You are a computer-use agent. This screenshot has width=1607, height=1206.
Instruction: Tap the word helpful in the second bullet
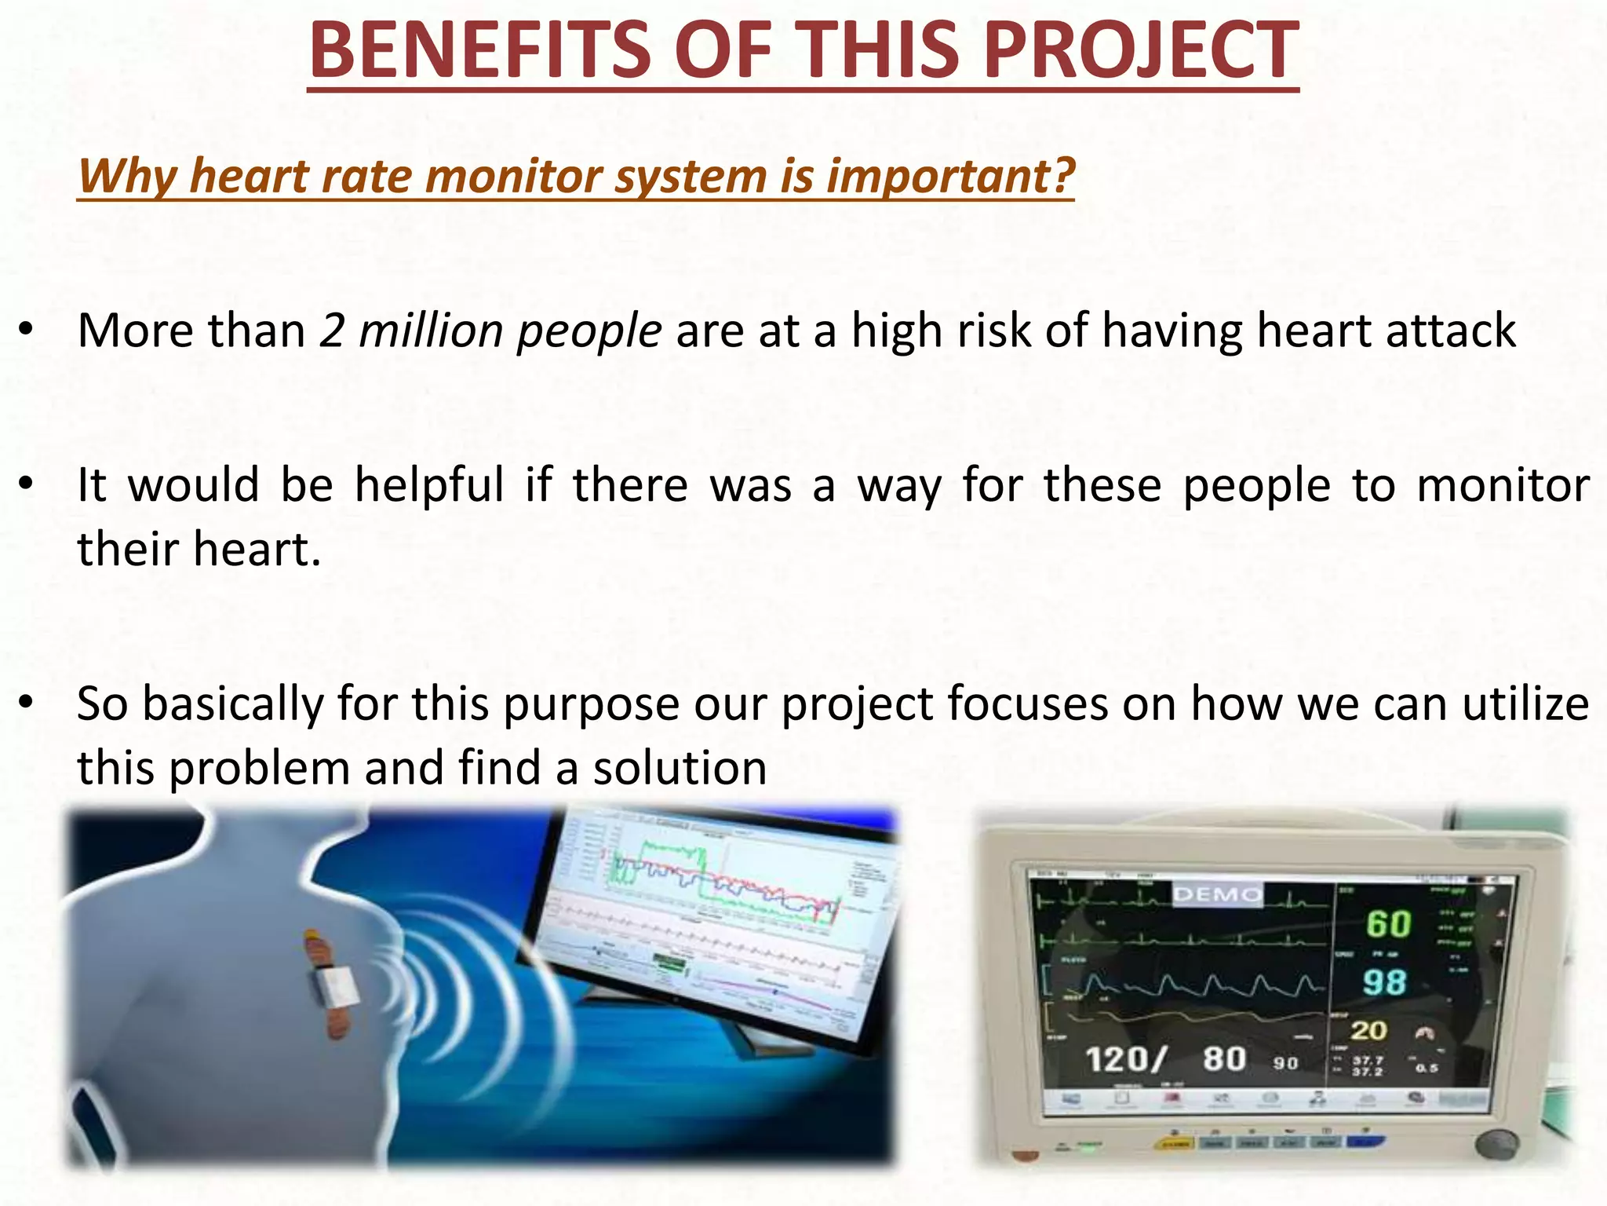(x=429, y=484)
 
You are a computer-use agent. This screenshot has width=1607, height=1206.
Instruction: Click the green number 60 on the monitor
(x=1388, y=924)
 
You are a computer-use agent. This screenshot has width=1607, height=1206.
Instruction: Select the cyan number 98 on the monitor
(x=1384, y=982)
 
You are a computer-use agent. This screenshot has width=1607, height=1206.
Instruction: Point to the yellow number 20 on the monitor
(x=1368, y=1030)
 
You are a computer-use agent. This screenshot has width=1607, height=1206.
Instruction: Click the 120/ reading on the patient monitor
(x=1124, y=1060)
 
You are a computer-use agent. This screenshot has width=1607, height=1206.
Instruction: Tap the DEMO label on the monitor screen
(x=1217, y=894)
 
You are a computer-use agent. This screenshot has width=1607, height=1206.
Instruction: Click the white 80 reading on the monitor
(x=1225, y=1059)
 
